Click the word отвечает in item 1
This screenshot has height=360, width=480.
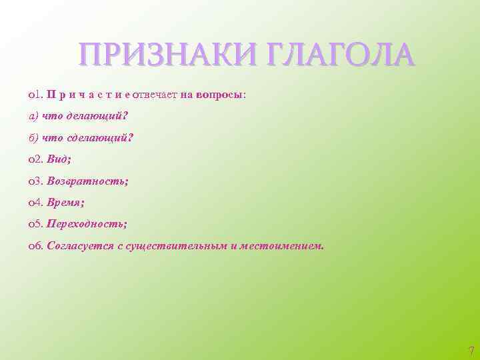155,95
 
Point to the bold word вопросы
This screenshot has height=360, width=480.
220,95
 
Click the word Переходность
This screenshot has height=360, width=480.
87,224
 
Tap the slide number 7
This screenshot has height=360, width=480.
471,350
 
